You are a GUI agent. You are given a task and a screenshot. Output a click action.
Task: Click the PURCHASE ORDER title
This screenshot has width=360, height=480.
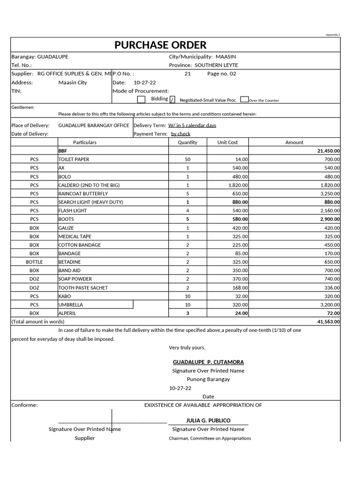160,45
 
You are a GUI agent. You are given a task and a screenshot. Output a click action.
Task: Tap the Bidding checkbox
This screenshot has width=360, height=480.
141,99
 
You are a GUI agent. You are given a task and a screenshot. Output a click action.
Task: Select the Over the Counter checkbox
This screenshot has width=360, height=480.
244,99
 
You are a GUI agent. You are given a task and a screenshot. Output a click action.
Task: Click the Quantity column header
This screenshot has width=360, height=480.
187,142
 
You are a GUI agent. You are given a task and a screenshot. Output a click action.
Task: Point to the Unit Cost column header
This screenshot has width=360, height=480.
227,142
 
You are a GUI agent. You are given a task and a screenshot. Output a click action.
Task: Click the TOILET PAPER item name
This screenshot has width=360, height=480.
74,159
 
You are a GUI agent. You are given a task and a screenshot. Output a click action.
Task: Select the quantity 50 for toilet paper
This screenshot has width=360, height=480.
187,159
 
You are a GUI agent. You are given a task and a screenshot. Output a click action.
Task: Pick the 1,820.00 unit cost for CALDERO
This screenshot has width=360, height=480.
238,185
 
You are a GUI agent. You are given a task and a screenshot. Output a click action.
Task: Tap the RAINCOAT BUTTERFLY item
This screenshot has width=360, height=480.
83,194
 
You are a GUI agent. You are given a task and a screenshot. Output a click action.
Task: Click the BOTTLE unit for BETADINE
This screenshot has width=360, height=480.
34,262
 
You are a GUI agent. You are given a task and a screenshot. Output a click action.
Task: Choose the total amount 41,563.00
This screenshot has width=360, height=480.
329,322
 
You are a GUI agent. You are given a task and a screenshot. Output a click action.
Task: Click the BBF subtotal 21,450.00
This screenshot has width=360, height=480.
329,151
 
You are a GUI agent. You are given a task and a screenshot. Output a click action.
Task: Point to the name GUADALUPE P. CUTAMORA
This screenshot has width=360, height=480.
208,362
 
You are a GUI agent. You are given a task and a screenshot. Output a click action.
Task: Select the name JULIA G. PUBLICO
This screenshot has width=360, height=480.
208,420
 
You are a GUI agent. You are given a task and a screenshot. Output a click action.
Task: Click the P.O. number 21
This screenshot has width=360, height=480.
187,74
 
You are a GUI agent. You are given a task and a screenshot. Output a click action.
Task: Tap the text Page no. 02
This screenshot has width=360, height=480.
222,74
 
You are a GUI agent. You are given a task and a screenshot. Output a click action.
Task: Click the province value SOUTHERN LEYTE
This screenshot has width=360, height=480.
216,65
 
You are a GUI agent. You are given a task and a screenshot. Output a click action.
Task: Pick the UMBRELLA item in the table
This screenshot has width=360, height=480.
71,305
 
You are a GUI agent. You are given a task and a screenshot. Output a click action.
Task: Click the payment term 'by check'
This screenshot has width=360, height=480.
180,134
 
